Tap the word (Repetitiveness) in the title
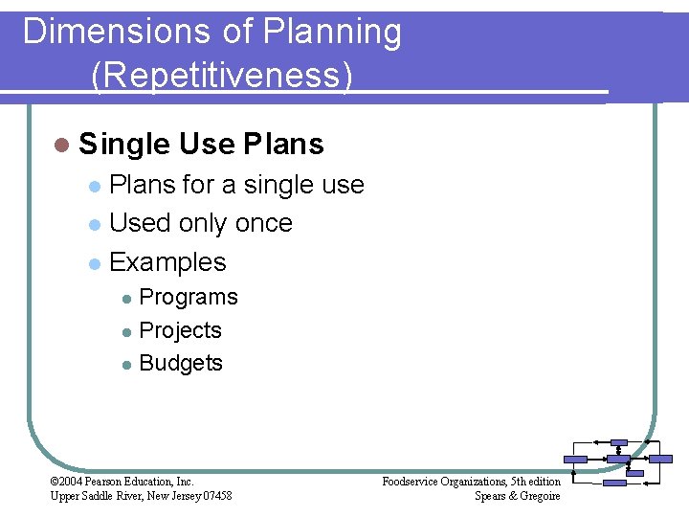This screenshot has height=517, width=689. click(x=222, y=74)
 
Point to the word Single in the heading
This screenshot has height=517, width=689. click(x=124, y=145)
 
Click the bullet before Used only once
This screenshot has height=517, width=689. click(x=93, y=224)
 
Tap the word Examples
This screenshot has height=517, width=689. click(x=168, y=262)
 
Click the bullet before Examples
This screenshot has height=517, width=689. click(x=93, y=263)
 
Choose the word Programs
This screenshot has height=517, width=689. click(x=189, y=298)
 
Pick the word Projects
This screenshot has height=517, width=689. click(x=181, y=330)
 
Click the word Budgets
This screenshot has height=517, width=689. click(x=181, y=363)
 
